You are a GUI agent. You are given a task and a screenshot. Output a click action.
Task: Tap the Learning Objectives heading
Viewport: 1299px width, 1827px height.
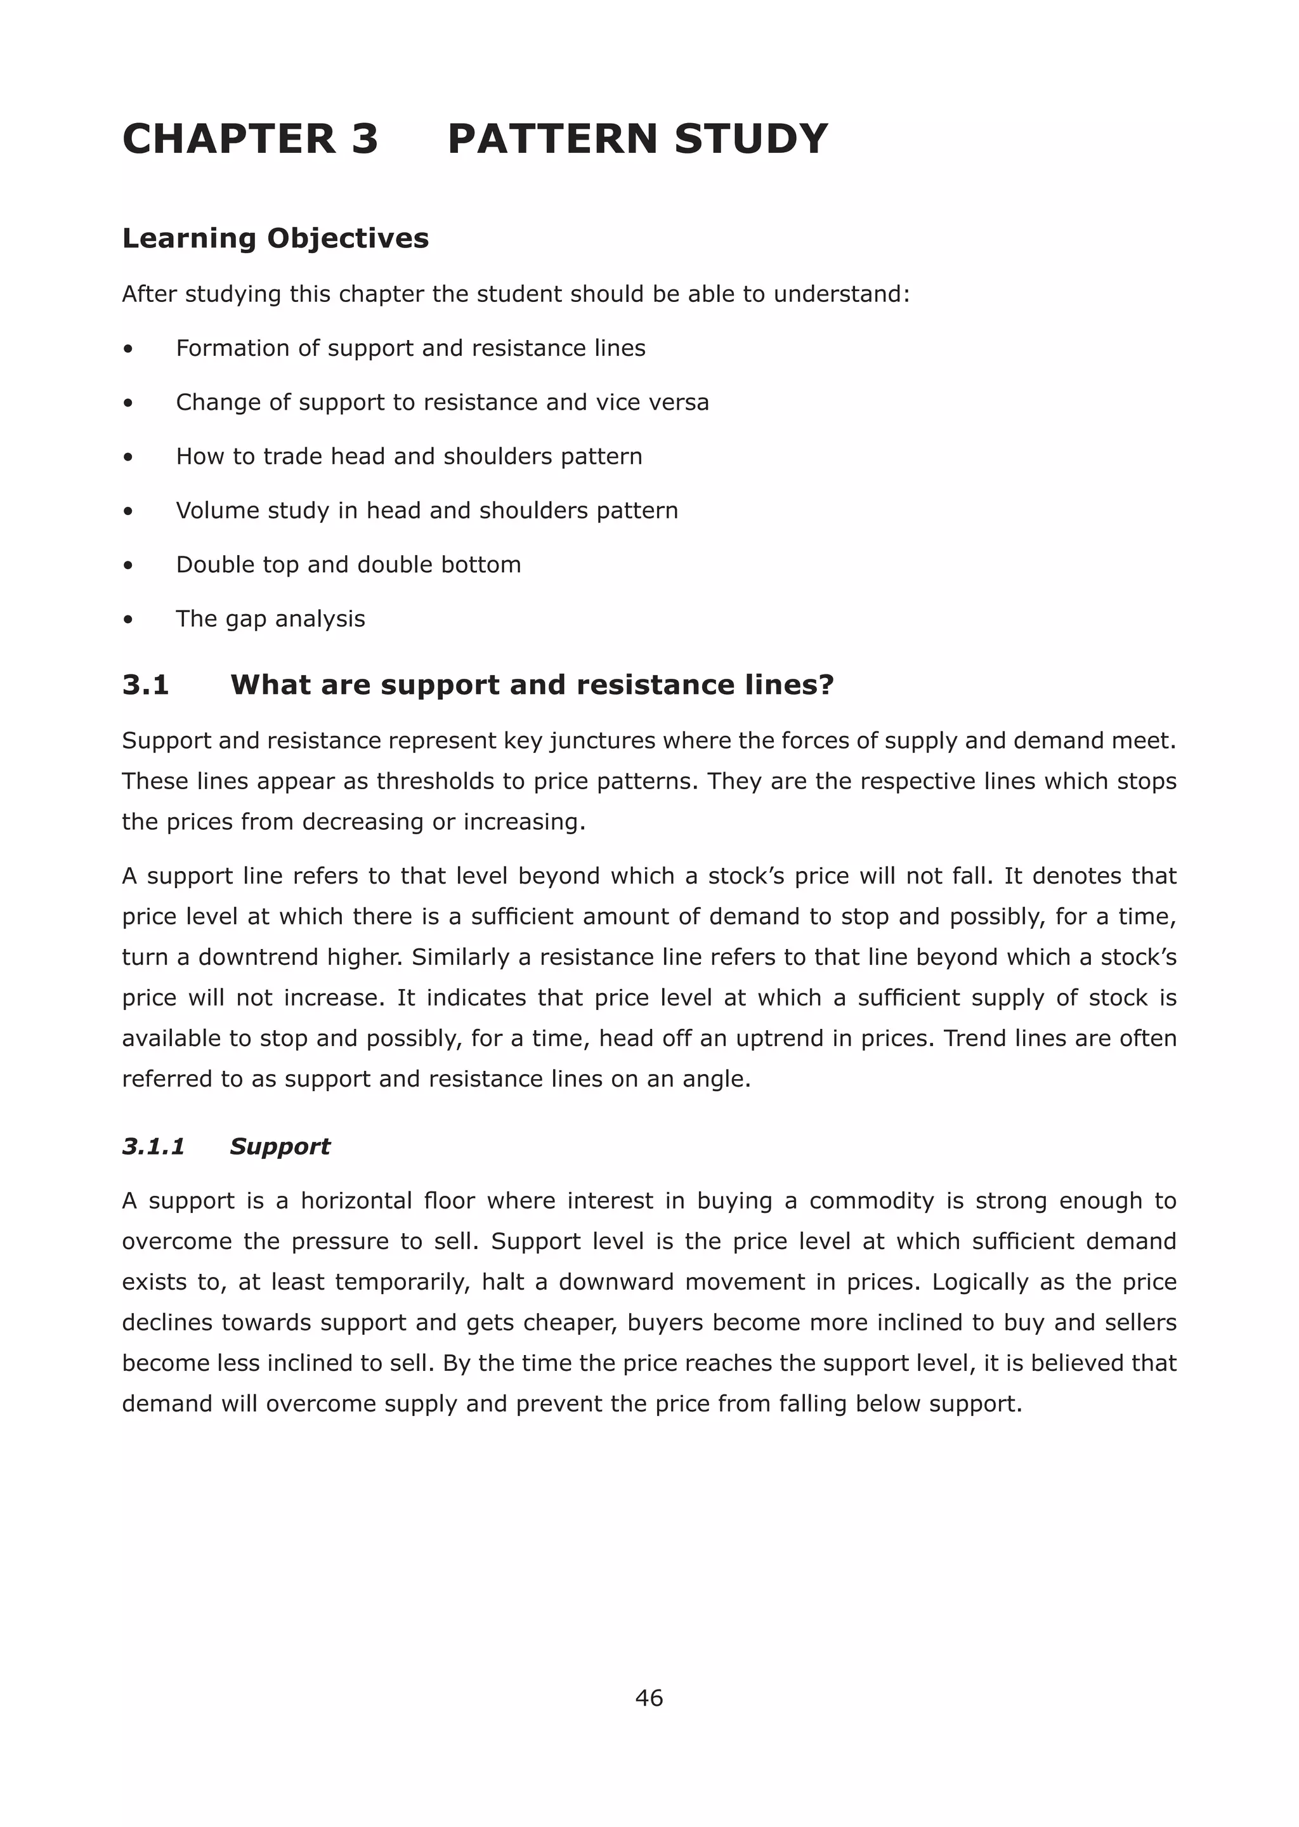[275, 239]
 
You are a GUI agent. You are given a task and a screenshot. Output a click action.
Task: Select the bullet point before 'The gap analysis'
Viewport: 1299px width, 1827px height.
[128, 620]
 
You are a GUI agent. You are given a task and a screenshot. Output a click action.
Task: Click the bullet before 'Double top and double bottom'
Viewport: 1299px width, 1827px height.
[128, 565]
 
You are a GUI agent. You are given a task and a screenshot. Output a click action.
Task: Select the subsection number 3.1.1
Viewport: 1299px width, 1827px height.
[153, 1146]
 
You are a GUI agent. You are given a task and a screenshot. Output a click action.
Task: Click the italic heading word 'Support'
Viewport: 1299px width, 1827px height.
[279, 1146]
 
